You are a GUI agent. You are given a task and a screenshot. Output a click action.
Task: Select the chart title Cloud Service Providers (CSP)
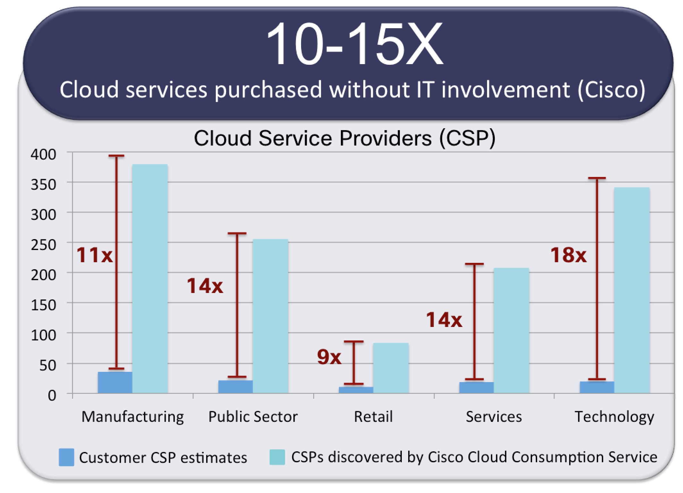pyautogui.click(x=345, y=138)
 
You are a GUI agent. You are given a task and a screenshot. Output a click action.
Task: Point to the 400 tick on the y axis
pyautogui.click(x=43, y=154)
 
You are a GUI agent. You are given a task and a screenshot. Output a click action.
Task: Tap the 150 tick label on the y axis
pyautogui.click(x=43, y=305)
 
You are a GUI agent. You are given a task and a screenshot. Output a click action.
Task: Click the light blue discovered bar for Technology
pyautogui.click(x=632, y=290)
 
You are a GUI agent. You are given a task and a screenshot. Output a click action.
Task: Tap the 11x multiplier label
pyautogui.click(x=94, y=255)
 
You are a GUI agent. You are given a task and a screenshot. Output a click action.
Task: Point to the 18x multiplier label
pyautogui.click(x=568, y=255)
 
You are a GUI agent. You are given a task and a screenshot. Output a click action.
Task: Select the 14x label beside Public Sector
pyautogui.click(x=205, y=286)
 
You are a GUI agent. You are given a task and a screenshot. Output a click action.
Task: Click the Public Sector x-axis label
pyautogui.click(x=253, y=417)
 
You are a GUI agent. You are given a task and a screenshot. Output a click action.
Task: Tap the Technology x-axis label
pyautogui.click(x=614, y=417)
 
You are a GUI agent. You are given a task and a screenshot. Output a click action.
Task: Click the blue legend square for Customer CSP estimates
pyautogui.click(x=66, y=457)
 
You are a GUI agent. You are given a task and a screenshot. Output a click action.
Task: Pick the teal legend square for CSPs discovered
pyautogui.click(x=277, y=457)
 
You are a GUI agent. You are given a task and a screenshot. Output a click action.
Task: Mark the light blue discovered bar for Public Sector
pyautogui.click(x=270, y=316)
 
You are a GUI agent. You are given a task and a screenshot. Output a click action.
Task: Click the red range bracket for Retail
pyautogui.click(x=354, y=362)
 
